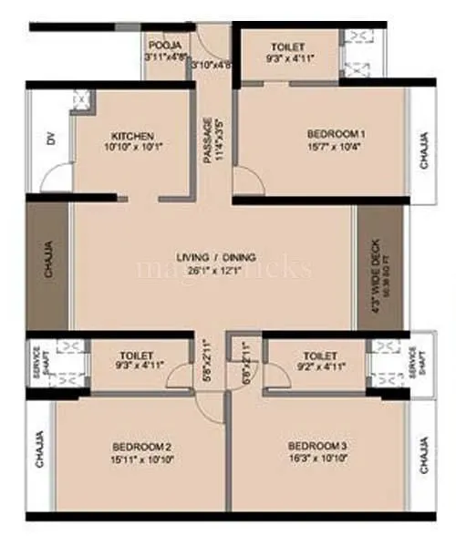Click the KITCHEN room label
(131, 134)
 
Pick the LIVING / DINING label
(216, 257)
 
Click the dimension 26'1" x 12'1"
(216, 270)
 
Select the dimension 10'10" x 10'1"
(131, 147)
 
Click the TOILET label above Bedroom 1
(288, 46)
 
